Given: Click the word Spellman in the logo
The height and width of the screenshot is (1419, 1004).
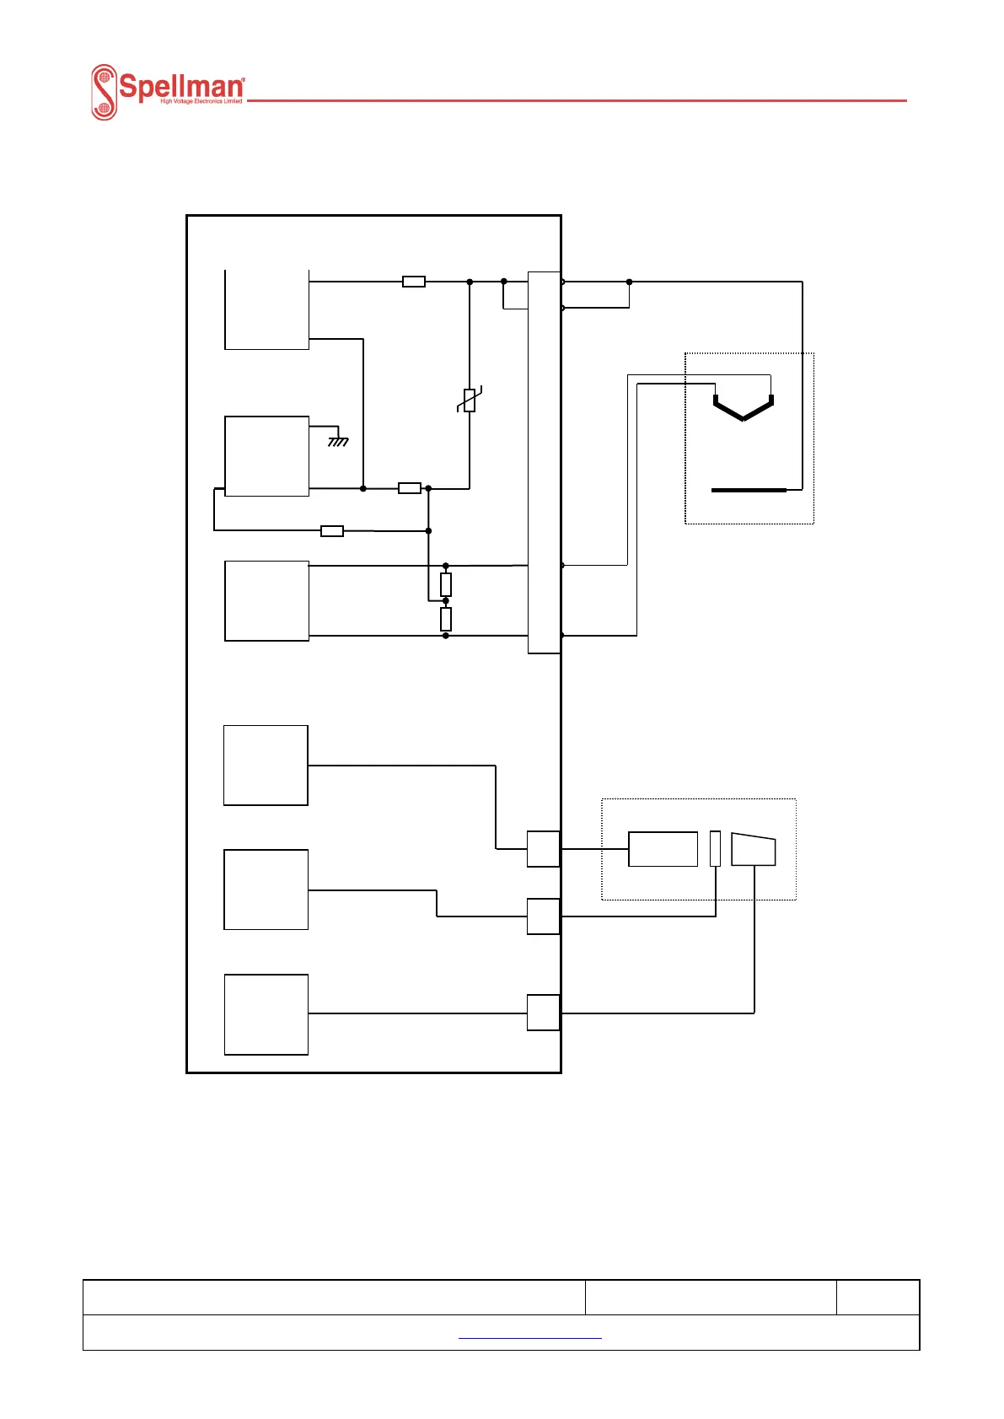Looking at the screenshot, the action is click(181, 86).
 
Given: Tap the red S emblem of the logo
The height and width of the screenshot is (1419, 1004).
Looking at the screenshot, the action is click(104, 92).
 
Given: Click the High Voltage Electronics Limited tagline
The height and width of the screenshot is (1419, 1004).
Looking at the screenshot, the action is click(201, 101).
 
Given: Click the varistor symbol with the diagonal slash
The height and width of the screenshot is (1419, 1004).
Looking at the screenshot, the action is click(470, 400).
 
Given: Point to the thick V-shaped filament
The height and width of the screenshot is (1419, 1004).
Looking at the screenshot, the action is click(743, 408).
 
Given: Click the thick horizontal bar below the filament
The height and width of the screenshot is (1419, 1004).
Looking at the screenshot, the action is click(749, 490).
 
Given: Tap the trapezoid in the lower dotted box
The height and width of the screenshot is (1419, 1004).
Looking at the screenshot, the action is click(753, 849).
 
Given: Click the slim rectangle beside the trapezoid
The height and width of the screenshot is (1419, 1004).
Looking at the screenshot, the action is click(716, 848).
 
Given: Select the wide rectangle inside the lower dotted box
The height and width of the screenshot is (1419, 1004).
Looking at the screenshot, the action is click(663, 849).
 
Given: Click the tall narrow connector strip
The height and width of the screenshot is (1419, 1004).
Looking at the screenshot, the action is click(544, 462).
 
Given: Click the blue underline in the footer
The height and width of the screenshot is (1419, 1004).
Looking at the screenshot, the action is click(529, 1338).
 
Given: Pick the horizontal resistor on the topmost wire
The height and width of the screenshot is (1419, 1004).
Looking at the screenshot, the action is click(414, 282).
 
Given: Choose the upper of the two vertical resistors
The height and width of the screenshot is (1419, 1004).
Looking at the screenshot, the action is click(446, 584).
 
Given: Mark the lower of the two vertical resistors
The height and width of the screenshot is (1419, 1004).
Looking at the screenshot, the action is click(446, 619).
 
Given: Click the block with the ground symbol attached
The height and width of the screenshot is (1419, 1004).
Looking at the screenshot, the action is click(266, 456).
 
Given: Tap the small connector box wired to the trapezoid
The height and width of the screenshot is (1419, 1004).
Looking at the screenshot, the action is click(544, 1013).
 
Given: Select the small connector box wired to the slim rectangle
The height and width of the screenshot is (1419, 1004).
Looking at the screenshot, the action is click(544, 916).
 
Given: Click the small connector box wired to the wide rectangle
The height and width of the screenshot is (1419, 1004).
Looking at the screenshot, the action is click(544, 849).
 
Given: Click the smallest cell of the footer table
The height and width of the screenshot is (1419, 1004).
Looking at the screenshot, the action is click(878, 1297).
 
